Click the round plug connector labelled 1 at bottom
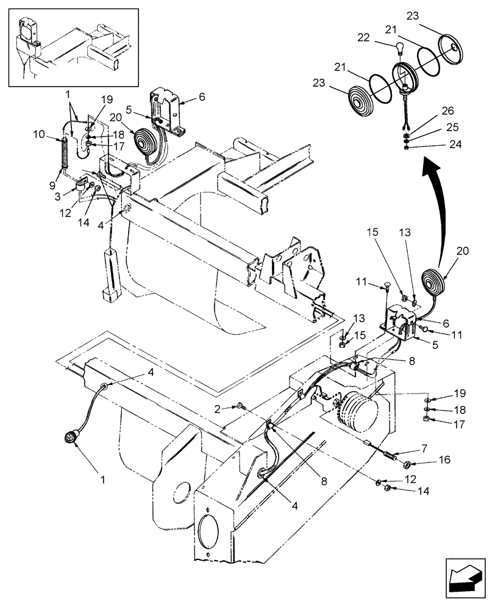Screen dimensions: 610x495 [71, 437]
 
